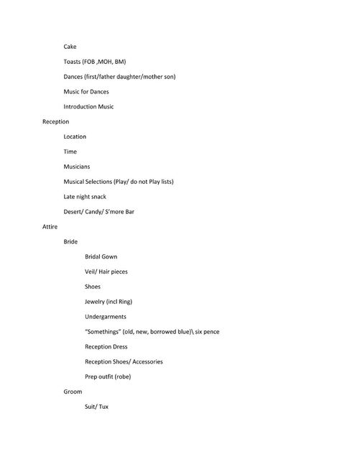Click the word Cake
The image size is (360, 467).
(70, 47)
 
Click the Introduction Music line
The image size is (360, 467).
(88, 107)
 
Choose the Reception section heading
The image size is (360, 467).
(55, 122)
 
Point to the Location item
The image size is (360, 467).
(75, 137)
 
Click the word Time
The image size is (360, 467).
(70, 152)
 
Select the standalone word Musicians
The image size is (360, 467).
(77, 167)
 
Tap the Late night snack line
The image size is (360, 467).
(85, 196)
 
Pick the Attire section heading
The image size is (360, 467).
(50, 226)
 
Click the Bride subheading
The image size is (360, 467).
(70, 241)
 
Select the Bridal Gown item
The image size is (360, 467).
(101, 256)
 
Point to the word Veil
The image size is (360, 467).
(91, 272)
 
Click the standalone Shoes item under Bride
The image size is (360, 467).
(93, 287)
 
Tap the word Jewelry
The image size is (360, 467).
(96, 302)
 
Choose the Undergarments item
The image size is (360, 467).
(106, 317)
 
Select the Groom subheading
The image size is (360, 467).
(73, 392)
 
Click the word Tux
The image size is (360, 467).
(103, 407)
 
